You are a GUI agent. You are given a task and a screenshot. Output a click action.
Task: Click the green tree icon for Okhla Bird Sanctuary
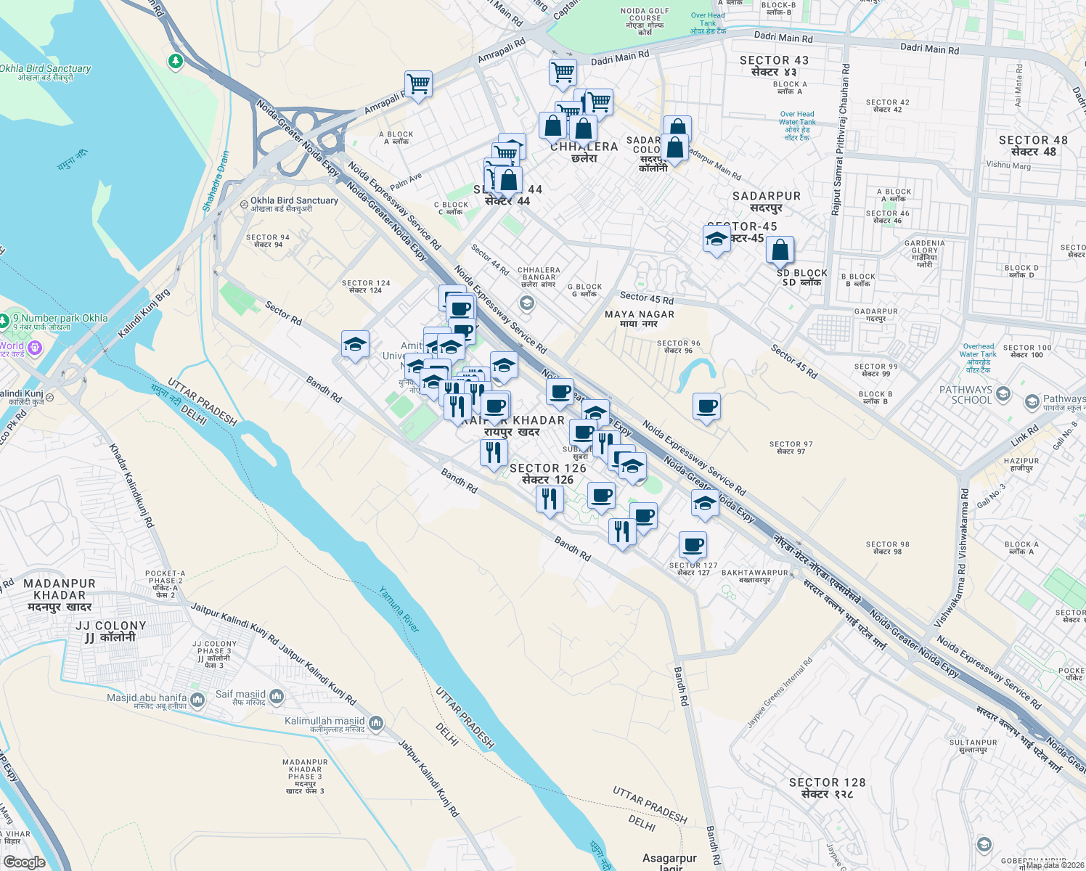pyautogui.click(x=175, y=61)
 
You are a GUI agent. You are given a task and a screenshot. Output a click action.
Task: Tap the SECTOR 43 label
pyautogui.click(x=774, y=66)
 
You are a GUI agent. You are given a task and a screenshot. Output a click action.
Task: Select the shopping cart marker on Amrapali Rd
pyautogui.click(x=418, y=84)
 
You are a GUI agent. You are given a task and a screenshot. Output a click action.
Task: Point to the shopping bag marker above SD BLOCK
pyautogui.click(x=780, y=250)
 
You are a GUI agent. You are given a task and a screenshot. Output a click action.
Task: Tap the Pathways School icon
pyautogui.click(x=1032, y=401)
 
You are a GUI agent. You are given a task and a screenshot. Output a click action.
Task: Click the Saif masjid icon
pyautogui.click(x=276, y=698)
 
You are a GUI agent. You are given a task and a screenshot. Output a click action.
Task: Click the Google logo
pyautogui.click(x=24, y=862)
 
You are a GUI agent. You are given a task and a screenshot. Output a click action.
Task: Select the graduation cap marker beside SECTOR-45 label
pyautogui.click(x=716, y=239)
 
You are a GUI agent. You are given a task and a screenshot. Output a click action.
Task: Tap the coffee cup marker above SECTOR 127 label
pyautogui.click(x=693, y=544)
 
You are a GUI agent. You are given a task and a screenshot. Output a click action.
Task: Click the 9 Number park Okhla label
pyautogui.click(x=64, y=318)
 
